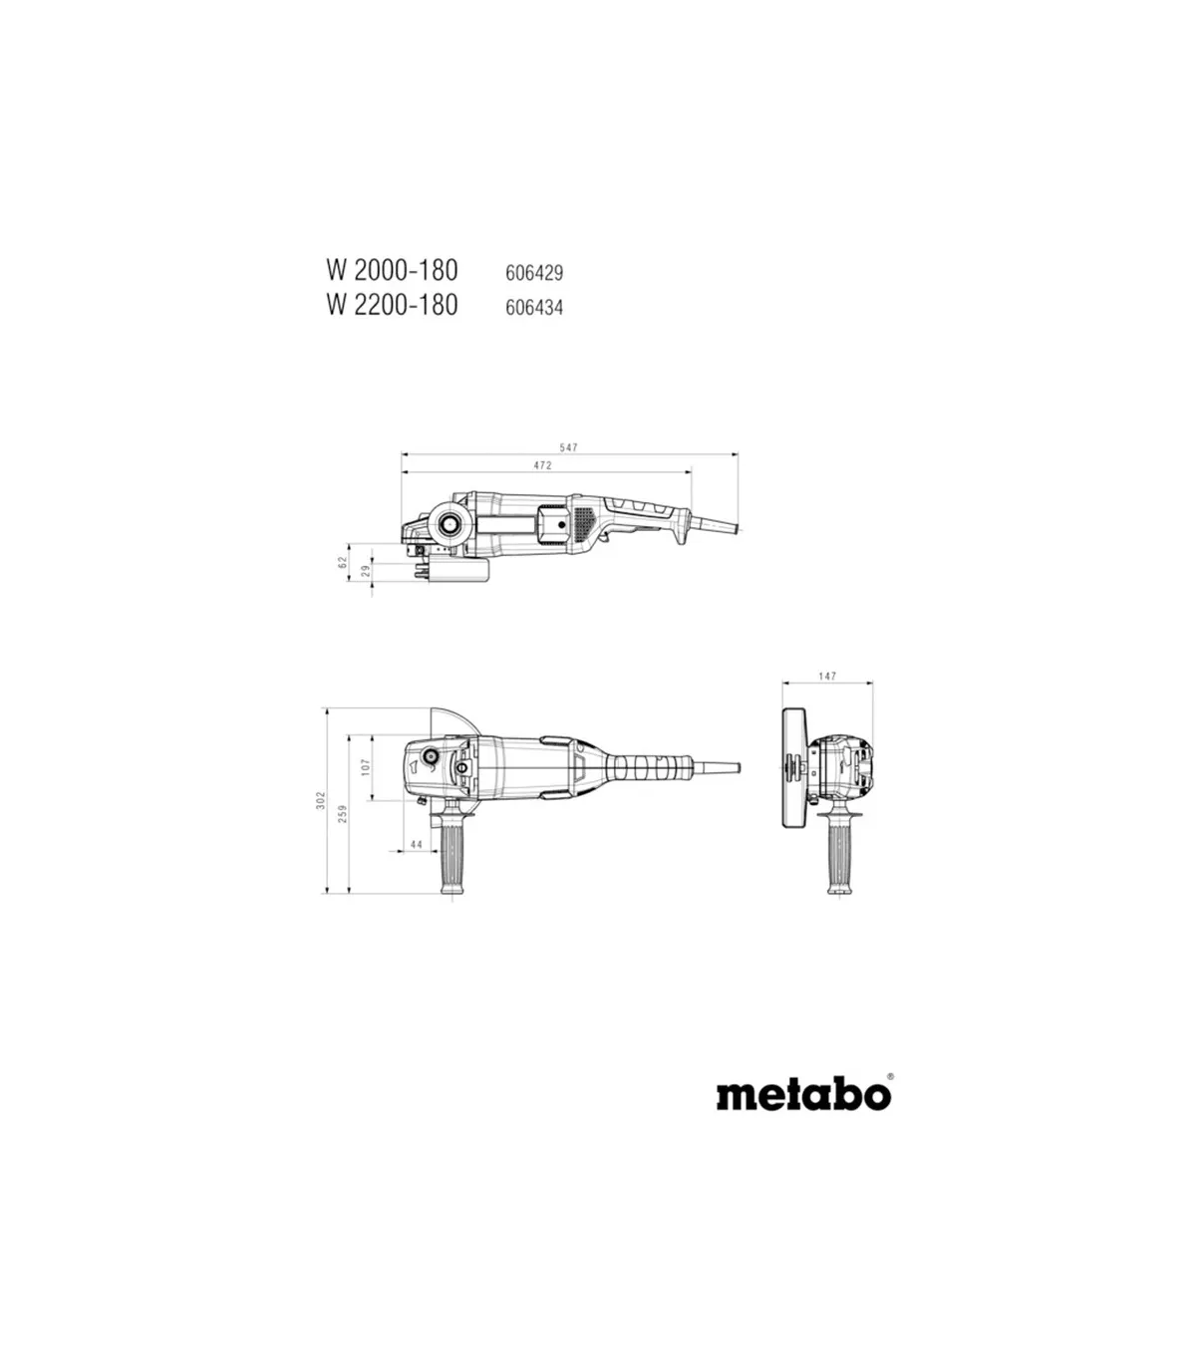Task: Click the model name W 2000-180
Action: tap(393, 271)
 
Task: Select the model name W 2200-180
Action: tap(393, 305)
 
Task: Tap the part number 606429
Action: tap(534, 273)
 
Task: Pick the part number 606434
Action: tap(534, 307)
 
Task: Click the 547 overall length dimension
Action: tap(569, 447)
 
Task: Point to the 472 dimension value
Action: tap(542, 465)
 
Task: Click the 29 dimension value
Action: tap(366, 571)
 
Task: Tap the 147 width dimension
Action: tap(827, 677)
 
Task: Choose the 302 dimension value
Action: tap(321, 800)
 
